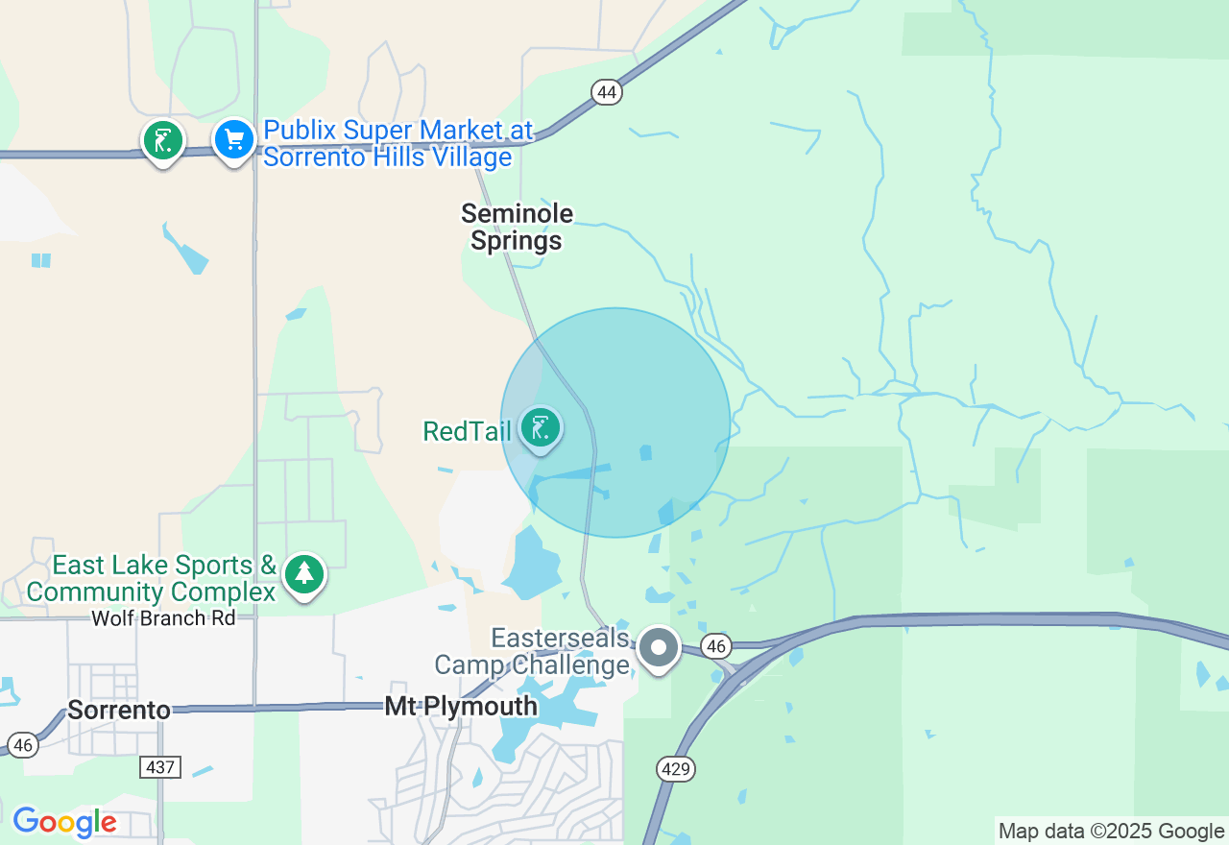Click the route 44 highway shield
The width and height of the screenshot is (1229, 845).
point(607,92)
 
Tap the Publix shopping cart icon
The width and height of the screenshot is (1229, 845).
point(233,140)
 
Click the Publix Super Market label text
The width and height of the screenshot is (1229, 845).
point(398,143)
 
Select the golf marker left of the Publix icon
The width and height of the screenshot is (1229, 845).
point(163,141)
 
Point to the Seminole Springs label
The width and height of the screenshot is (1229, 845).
point(517,227)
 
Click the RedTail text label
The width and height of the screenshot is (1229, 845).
point(468,431)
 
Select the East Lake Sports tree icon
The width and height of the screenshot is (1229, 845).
point(304,573)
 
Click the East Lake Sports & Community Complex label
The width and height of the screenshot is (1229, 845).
point(152,578)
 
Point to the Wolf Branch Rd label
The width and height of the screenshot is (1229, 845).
point(163,618)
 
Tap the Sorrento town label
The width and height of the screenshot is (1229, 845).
point(119,711)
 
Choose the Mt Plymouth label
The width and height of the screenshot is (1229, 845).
point(461,707)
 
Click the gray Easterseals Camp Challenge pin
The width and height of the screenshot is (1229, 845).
point(659,647)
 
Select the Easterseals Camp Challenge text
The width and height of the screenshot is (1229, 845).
point(532,652)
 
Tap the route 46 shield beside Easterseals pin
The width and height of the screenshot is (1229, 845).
point(715,646)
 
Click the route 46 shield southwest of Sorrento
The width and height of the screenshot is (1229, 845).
point(23,744)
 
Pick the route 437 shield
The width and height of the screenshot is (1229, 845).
point(158,766)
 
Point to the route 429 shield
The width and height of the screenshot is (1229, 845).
point(676,768)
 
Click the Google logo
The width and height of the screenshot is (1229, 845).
point(64,823)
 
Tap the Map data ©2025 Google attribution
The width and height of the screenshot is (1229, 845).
point(1111,832)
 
